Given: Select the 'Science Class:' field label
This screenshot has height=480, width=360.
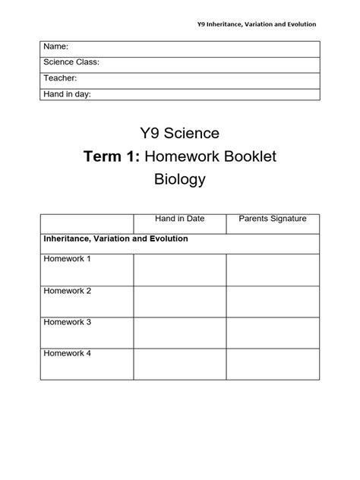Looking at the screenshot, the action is pyautogui.click(x=71, y=63).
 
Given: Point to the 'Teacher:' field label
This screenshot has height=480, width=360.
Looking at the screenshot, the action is pyautogui.click(x=60, y=78).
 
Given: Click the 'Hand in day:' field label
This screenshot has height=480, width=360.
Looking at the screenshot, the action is pyautogui.click(x=68, y=94).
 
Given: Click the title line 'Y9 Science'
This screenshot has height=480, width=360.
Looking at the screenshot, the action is pyautogui.click(x=179, y=134).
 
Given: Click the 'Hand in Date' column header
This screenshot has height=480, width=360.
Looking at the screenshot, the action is pyautogui.click(x=179, y=219).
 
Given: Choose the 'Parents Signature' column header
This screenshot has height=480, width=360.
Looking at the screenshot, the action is pyautogui.click(x=273, y=219).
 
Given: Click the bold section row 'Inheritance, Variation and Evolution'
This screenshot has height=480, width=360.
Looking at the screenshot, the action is pyautogui.click(x=115, y=238).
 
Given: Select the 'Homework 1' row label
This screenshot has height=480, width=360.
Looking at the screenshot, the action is pyautogui.click(x=67, y=259).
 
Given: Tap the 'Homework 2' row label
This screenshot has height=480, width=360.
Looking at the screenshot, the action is pyautogui.click(x=67, y=291).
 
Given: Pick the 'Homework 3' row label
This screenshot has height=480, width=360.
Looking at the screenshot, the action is pyautogui.click(x=67, y=322).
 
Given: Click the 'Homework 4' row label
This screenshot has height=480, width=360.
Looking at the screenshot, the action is pyautogui.click(x=67, y=354).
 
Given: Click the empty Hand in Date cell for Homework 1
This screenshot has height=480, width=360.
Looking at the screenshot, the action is pyautogui.click(x=179, y=270).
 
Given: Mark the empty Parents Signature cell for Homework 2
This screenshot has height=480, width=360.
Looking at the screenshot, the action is pyautogui.click(x=273, y=302).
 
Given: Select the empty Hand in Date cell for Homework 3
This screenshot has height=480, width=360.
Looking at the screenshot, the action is pyautogui.click(x=179, y=333).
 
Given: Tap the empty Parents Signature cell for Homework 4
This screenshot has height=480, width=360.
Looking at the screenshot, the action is pyautogui.click(x=273, y=365).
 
